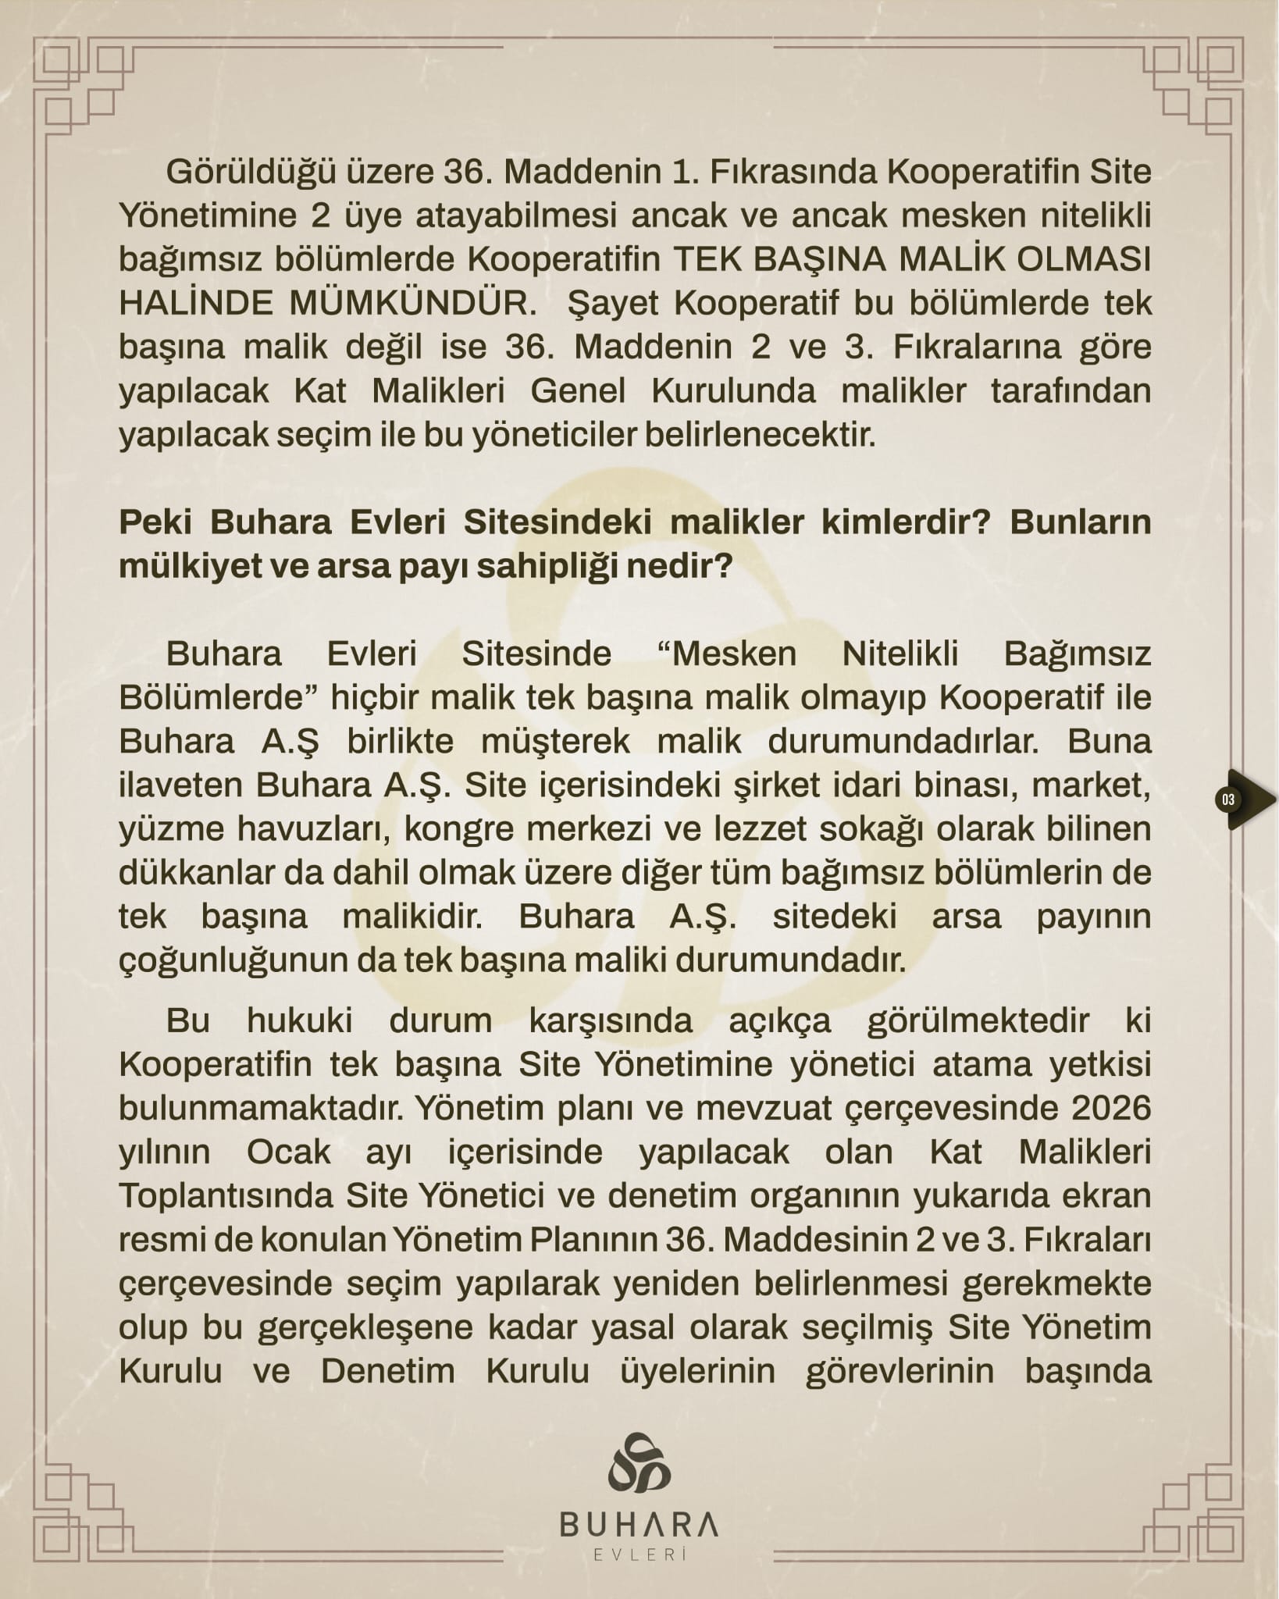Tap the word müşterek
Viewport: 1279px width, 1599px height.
click(555, 741)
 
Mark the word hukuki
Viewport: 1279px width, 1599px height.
click(300, 1020)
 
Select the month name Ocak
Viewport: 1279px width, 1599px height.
click(289, 1152)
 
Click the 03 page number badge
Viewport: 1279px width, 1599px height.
click(1229, 799)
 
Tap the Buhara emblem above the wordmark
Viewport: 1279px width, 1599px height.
click(639, 1462)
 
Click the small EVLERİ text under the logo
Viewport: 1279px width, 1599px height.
click(639, 1554)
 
